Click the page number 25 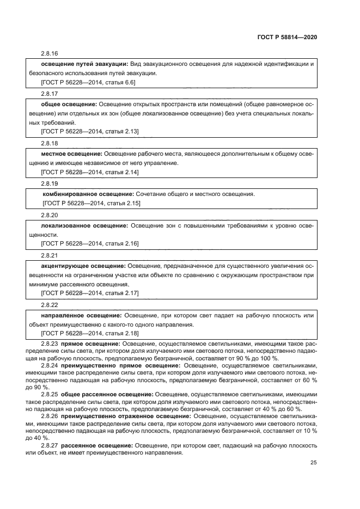pos(313,463)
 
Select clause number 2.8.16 pos(50,53)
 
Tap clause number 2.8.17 pos(50,94)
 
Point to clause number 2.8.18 pos(50,143)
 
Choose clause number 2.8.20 pos(50,214)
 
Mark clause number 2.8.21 pos(50,255)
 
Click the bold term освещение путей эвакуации pos(84,64)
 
